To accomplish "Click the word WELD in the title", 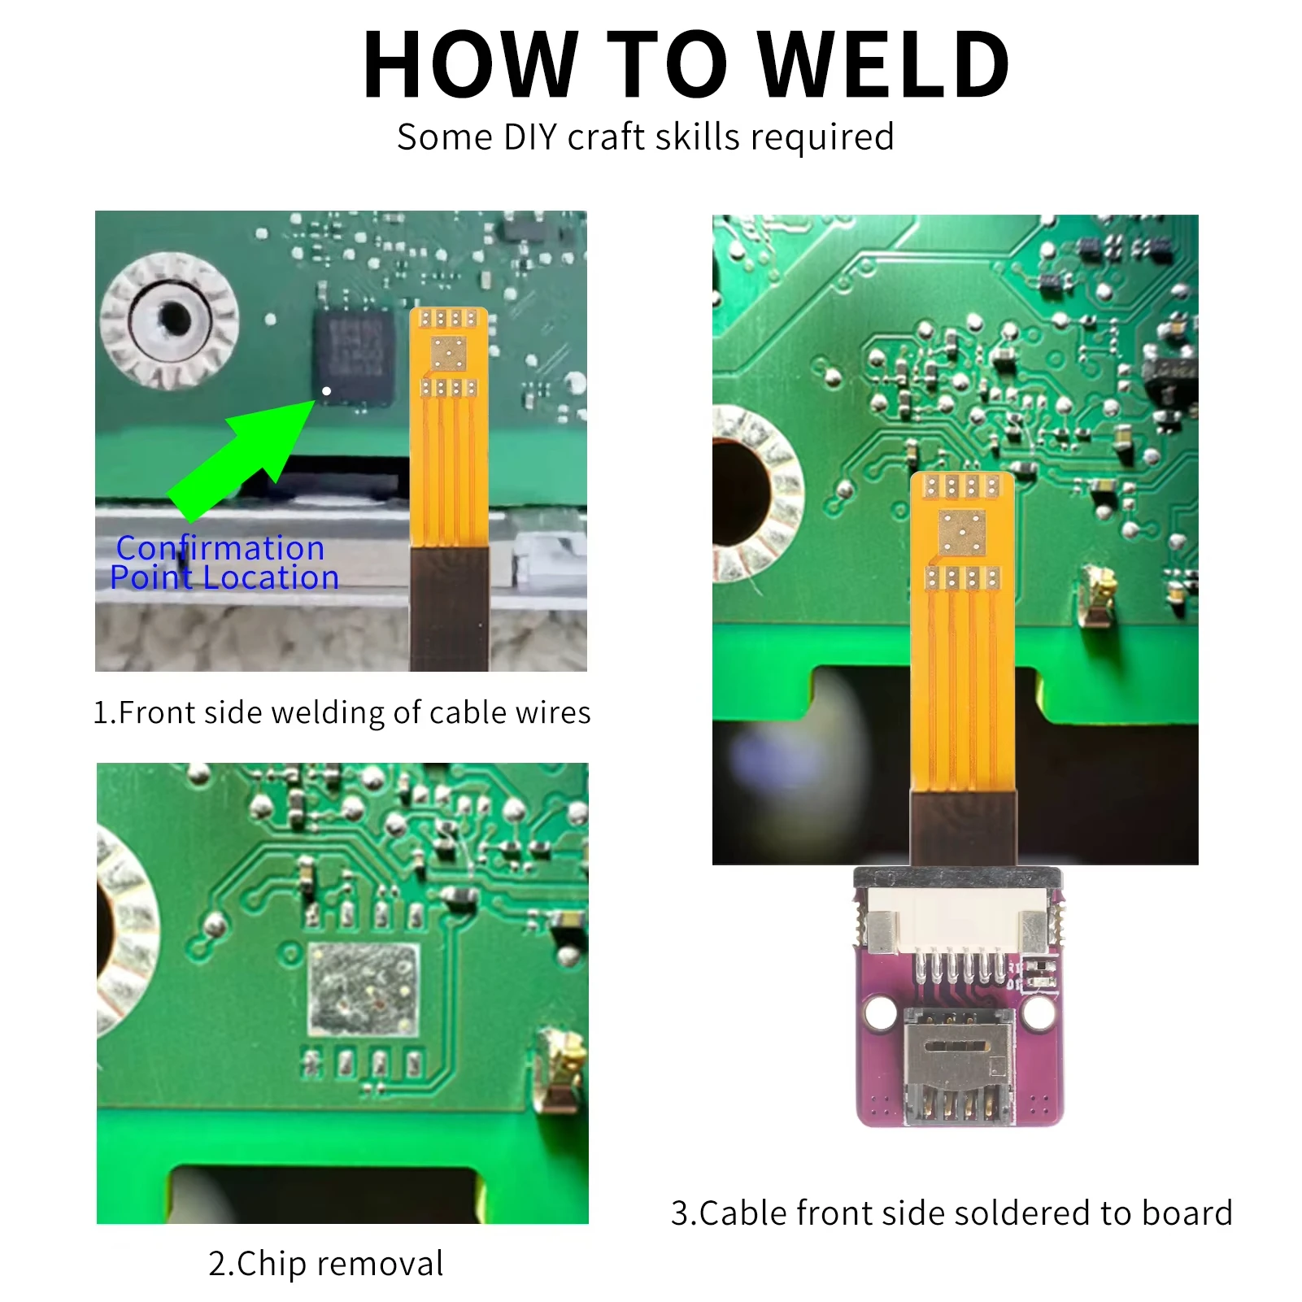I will pyautogui.click(x=885, y=65).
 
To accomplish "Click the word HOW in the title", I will pyautogui.click(x=470, y=65).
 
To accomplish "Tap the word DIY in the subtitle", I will pyautogui.click(x=529, y=137).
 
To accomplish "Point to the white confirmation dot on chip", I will pyautogui.click(x=326, y=391).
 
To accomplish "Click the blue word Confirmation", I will pyautogui.click(x=220, y=548).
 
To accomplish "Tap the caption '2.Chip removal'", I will pyautogui.click(x=325, y=1263).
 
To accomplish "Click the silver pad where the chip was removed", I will pyautogui.click(x=364, y=989).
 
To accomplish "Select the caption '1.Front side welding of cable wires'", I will pyautogui.click(x=342, y=712).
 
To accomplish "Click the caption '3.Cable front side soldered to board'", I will pyautogui.click(x=951, y=1213).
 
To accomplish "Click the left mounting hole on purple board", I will pyautogui.click(x=880, y=1012).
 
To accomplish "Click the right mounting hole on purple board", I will pyautogui.click(x=1039, y=1012).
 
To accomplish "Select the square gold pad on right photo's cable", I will pyautogui.click(x=962, y=533).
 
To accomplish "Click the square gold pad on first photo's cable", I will pyautogui.click(x=448, y=354).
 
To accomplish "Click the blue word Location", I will pyautogui.click(x=270, y=577).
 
